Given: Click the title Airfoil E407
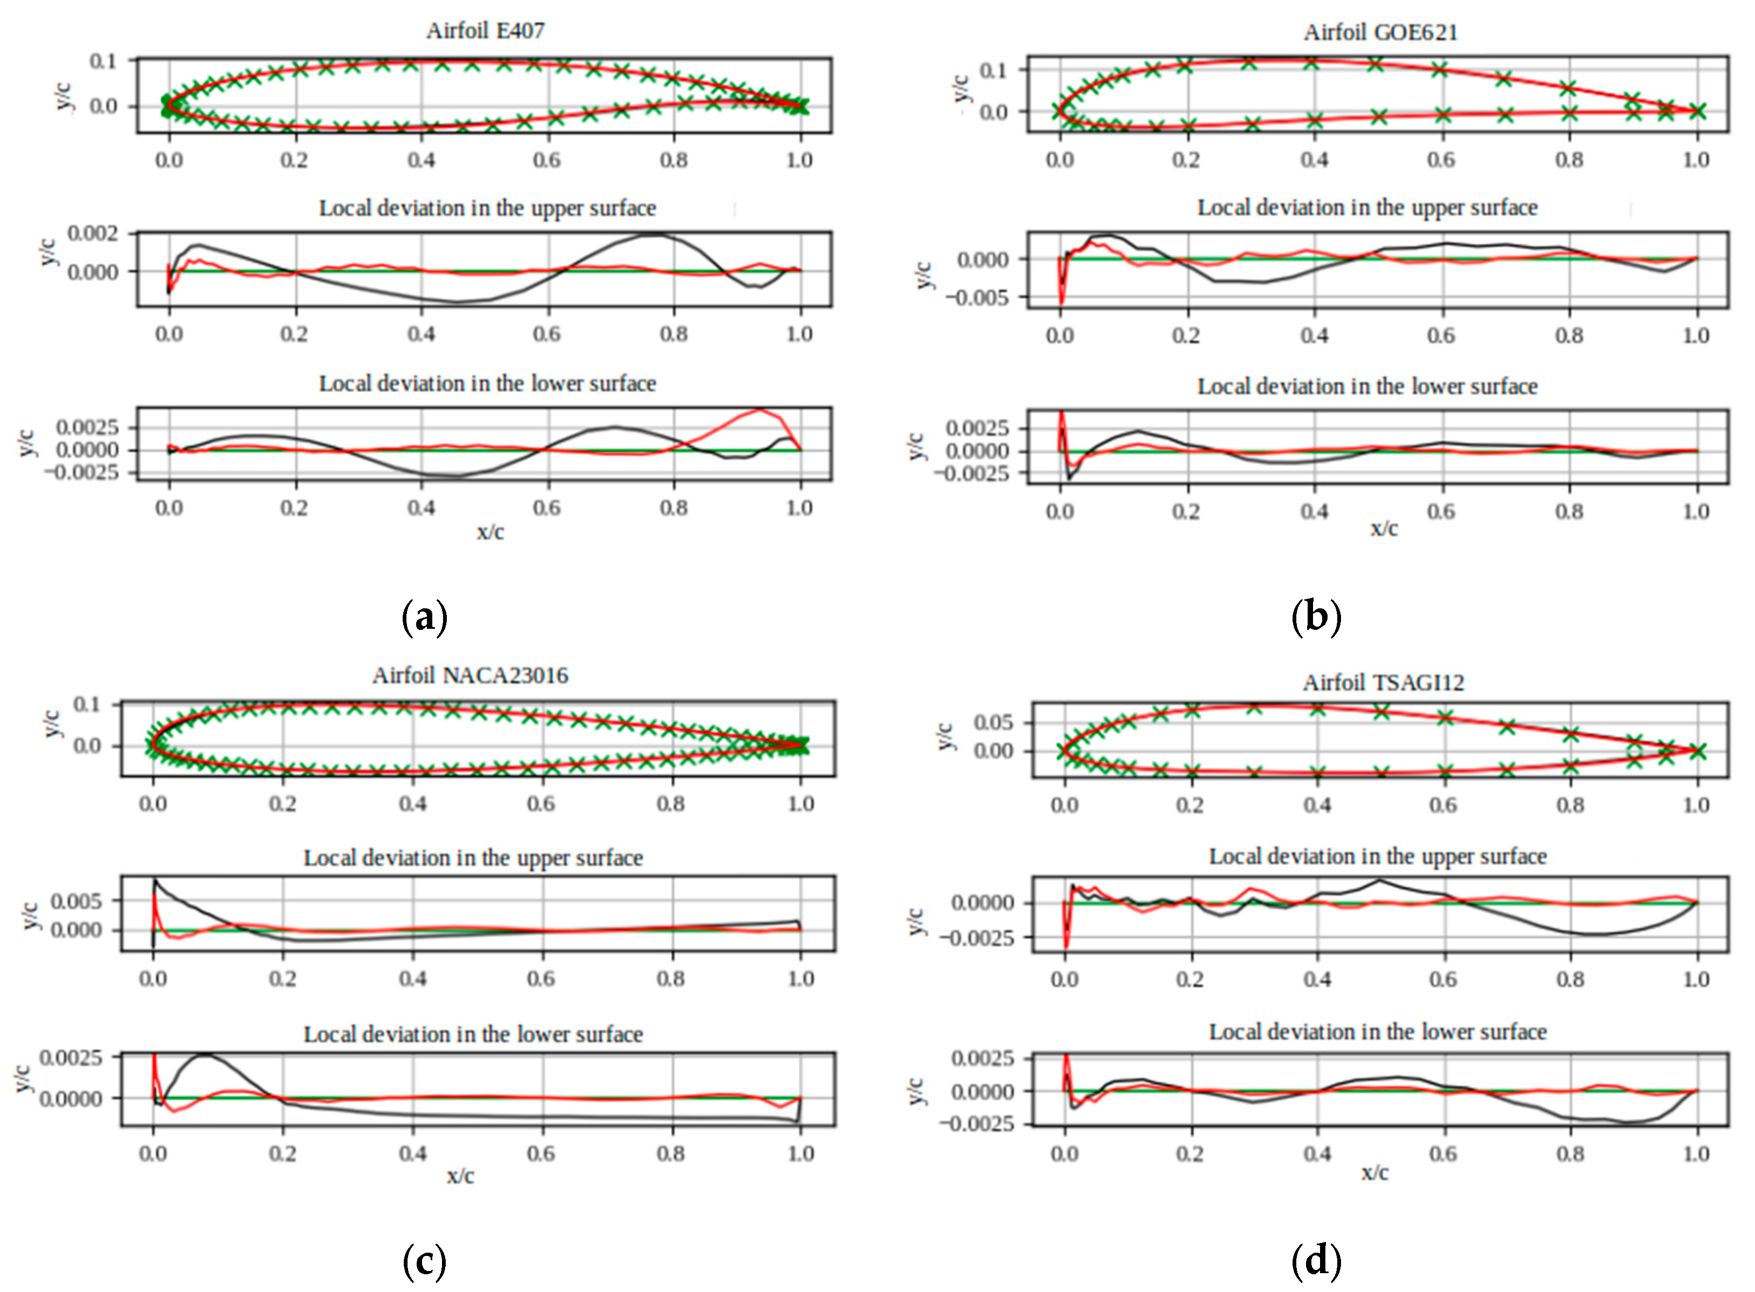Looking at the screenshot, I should [485, 31].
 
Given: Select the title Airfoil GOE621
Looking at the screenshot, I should [1380, 32].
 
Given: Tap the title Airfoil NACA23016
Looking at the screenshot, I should [470, 675].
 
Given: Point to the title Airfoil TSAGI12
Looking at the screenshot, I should [1382, 683].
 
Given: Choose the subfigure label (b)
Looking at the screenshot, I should [1316, 616].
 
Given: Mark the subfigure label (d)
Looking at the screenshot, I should [1316, 1261].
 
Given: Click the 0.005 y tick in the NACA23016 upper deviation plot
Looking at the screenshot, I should [76, 901].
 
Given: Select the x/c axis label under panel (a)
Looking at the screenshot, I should [490, 532].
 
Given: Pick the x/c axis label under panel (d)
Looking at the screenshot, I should [1374, 1172].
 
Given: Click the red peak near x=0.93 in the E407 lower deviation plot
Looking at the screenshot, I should [760, 409].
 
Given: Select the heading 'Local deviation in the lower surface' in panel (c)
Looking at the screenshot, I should [473, 1034].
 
